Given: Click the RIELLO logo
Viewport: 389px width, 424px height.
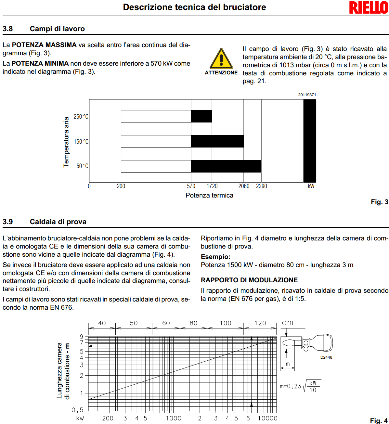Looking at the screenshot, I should tap(369, 8).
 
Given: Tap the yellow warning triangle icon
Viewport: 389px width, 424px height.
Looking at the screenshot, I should tap(221, 59).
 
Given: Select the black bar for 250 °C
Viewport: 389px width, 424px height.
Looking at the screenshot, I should tap(201, 116).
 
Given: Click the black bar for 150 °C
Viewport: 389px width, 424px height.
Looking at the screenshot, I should tap(217, 141).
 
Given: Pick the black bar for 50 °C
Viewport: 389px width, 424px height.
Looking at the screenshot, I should tap(226, 166).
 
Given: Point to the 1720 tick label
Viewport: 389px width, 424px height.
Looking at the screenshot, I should tap(212, 186).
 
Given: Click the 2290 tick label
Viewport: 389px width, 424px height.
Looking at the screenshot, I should tap(261, 186).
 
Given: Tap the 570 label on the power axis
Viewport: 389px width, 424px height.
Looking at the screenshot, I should tap(191, 186).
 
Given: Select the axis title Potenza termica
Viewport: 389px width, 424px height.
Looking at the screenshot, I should tap(209, 195).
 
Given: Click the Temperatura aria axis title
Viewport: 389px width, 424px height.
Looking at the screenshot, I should tap(66, 142).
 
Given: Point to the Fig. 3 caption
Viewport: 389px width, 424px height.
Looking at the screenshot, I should tap(379, 202).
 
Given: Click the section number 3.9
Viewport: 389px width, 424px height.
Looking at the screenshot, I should tap(8, 222).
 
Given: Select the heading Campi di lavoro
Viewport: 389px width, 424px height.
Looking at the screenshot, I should tap(57, 29).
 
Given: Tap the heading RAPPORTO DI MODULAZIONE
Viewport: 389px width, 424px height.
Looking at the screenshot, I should tap(249, 280).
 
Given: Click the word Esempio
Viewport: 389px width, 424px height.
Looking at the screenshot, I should tap(215, 257).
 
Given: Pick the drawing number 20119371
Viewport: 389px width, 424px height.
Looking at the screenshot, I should tap(307, 95).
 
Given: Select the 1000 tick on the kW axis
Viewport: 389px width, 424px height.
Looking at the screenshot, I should tap(173, 418).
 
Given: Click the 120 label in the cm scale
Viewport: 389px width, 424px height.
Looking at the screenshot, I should tap(260, 323).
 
